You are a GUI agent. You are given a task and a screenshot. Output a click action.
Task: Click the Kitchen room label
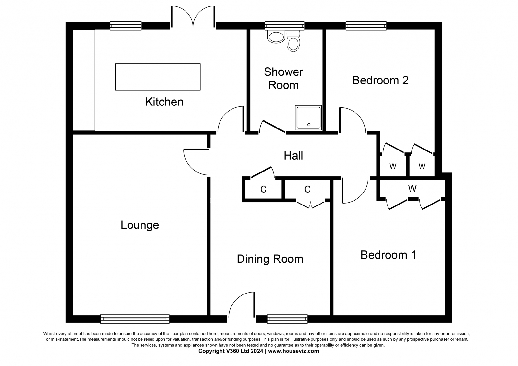pos(164,102)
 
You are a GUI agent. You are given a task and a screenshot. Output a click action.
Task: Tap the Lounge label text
pos(140,225)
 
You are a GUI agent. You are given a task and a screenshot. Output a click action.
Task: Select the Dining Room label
pos(270,259)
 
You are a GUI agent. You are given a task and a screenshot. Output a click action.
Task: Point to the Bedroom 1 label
pos(388,255)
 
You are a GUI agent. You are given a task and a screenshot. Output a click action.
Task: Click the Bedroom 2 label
pos(380,81)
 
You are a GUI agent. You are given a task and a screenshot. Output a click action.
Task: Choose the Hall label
pos(293,156)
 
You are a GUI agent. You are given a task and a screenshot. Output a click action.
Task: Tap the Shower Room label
pos(284,79)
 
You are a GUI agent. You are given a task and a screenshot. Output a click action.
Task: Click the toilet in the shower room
pos(293,41)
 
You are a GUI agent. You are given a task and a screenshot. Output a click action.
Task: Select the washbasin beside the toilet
pos(276,37)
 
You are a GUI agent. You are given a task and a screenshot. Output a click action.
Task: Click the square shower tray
pos(308,118)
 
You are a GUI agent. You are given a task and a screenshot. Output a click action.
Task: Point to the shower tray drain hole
pos(309,125)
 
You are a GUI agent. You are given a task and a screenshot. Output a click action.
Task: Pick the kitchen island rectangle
pos(158,77)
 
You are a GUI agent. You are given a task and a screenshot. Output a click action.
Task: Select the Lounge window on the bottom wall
pos(135,319)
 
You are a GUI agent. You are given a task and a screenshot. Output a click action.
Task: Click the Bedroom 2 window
pos(366,26)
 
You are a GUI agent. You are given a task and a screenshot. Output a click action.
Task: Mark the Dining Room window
pos(287,319)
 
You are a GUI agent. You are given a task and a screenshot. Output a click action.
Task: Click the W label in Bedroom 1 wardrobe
pos(412,189)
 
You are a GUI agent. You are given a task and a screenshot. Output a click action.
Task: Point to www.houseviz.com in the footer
pos(293,351)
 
